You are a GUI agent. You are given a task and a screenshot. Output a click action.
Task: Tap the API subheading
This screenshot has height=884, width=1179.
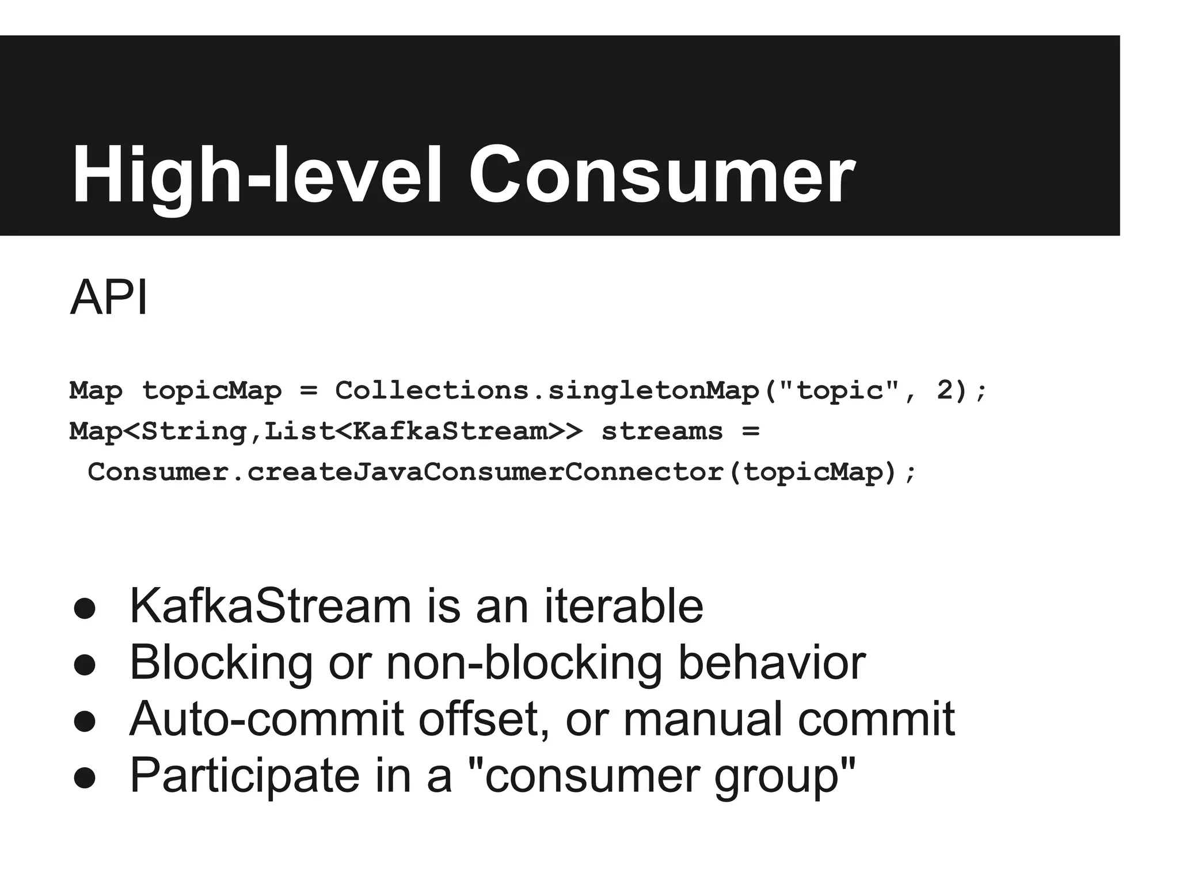109,298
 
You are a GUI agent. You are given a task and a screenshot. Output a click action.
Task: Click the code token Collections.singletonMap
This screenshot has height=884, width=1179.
547,391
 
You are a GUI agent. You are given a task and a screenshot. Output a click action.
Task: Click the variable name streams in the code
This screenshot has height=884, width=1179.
662,431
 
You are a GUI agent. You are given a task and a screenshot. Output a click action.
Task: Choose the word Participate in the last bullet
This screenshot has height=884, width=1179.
245,775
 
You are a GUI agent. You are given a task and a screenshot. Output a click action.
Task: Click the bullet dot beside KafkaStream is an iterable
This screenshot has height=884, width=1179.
85,609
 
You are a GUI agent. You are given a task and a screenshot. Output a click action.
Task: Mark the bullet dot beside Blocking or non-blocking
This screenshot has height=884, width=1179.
85,665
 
